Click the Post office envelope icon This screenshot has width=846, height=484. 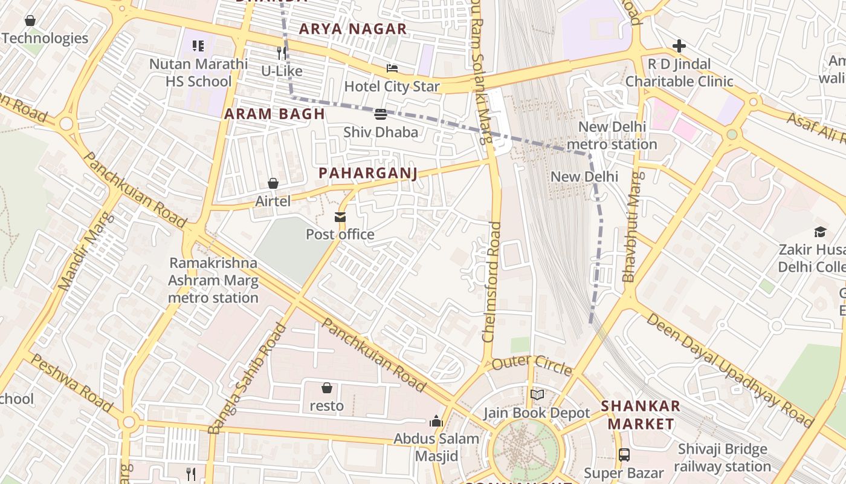(x=340, y=217)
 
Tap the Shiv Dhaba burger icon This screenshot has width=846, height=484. (x=381, y=114)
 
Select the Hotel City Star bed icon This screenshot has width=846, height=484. (x=392, y=68)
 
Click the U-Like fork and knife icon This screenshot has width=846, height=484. (x=281, y=53)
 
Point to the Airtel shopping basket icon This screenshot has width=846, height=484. (x=273, y=183)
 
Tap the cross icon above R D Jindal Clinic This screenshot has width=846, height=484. (x=679, y=46)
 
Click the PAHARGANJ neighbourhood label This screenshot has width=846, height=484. (x=368, y=174)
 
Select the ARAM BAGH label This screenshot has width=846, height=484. (x=275, y=114)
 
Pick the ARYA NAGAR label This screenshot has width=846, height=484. (x=353, y=29)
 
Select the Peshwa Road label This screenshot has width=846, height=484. (x=71, y=383)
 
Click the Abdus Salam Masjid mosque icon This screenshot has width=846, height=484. (x=436, y=422)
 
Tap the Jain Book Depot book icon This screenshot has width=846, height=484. (x=537, y=395)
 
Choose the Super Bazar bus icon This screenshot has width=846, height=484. (x=624, y=454)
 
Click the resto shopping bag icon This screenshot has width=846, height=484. (x=327, y=388)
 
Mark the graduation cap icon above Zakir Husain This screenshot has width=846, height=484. (x=820, y=232)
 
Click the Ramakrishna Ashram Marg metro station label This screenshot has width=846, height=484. (x=213, y=281)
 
